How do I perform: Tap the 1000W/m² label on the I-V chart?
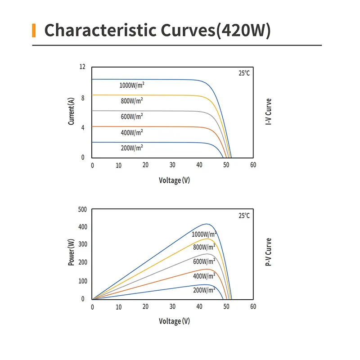tap(132, 85)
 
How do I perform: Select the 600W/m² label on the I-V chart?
tap(132, 117)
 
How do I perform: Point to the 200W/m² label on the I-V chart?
tap(132, 148)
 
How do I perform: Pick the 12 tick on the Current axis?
tap(82, 67)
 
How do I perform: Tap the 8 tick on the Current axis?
tap(82, 97)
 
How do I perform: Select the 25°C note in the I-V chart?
tap(244, 73)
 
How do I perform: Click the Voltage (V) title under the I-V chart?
tap(174, 180)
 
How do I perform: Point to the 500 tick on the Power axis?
tap(81, 209)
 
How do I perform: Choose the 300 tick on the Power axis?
tap(81, 244)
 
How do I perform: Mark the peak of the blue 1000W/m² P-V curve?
tap(207, 224)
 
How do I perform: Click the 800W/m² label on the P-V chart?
tap(204, 247)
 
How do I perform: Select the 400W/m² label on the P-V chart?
tap(204, 275)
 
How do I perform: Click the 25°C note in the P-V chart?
tap(244, 216)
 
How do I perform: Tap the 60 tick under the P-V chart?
tap(253, 306)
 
